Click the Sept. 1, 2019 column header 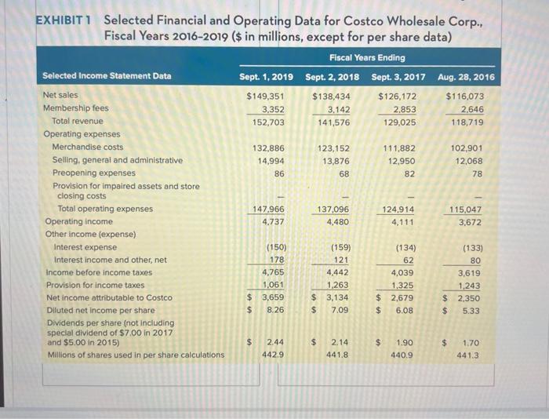click(267, 76)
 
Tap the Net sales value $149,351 click(265, 95)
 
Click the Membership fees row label click(76, 107)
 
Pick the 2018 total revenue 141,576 click(333, 122)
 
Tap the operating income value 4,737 click(272, 221)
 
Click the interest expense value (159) click(339, 247)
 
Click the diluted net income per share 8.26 click(273, 310)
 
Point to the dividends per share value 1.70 click(473, 343)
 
